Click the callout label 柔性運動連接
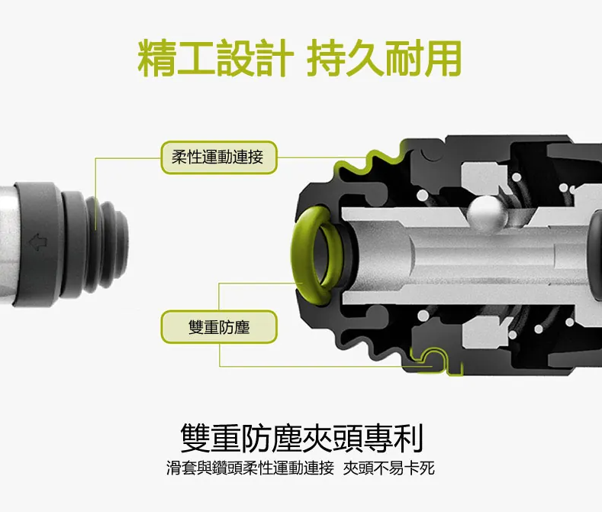pos(218,157)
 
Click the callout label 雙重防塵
pos(219,327)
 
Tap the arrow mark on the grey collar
pos(38,242)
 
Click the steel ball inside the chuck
pos(487,214)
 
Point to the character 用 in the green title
pos(443,57)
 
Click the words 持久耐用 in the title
pos(384,57)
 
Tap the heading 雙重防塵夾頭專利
pos(301,438)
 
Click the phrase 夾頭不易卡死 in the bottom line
pos(388,468)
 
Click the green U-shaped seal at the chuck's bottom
pos(436,359)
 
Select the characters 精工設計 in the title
pos(216,57)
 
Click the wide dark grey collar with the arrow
pos(37,245)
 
